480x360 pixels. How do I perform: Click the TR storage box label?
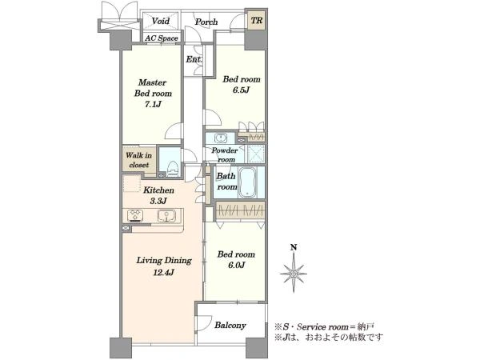point(257,21)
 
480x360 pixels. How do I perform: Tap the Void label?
point(161,21)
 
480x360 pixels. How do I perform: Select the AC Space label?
point(162,38)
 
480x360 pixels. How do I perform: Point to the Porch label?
point(206,22)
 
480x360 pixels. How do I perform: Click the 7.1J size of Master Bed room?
point(153,104)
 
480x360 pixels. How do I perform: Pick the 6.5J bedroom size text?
point(241,90)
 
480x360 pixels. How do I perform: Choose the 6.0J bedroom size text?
point(236,265)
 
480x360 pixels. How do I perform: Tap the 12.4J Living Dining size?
point(163,272)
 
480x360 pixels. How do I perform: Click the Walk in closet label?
point(138,160)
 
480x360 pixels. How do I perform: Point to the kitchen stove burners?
point(134,215)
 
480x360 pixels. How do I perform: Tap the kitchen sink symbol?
point(166,216)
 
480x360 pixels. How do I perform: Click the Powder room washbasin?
point(221,138)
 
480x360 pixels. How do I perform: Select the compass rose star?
point(294,273)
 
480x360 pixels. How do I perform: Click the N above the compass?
point(294,247)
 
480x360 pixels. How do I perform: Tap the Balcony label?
point(230,325)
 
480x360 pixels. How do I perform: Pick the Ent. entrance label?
point(194,59)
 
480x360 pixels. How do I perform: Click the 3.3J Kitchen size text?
point(158,201)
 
